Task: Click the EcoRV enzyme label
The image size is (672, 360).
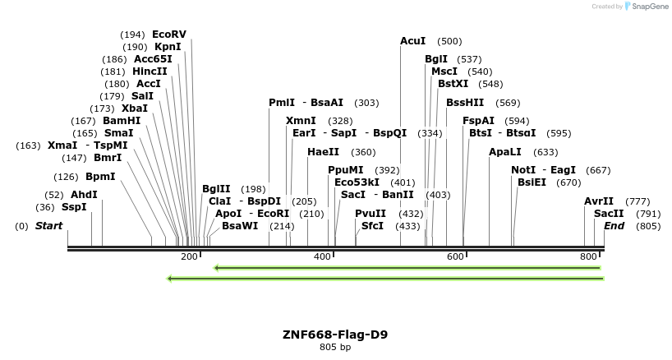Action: (x=169, y=35)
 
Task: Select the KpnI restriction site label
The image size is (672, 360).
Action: (x=168, y=47)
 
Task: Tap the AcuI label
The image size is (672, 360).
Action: (x=413, y=41)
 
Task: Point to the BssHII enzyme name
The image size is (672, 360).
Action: (x=465, y=103)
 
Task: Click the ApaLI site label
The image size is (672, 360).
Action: (x=504, y=152)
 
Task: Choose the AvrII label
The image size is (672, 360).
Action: (x=599, y=201)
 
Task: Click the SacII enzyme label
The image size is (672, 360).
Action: (x=609, y=213)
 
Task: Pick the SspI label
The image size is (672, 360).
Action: (x=74, y=207)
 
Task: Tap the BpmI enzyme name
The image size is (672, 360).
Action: (x=100, y=177)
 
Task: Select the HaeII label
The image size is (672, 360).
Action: (x=323, y=152)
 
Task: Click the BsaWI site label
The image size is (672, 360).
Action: (x=240, y=226)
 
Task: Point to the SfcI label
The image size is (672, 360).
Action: (x=372, y=226)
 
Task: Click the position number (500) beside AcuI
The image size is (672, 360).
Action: (x=449, y=41)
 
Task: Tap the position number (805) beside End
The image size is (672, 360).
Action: (x=649, y=226)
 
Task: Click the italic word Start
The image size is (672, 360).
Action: (x=48, y=226)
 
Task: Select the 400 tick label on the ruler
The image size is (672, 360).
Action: (x=323, y=257)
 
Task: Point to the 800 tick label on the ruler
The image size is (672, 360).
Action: (x=588, y=257)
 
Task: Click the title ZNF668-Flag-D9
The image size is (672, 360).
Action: (x=335, y=335)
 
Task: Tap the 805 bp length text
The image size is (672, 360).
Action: (x=335, y=348)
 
